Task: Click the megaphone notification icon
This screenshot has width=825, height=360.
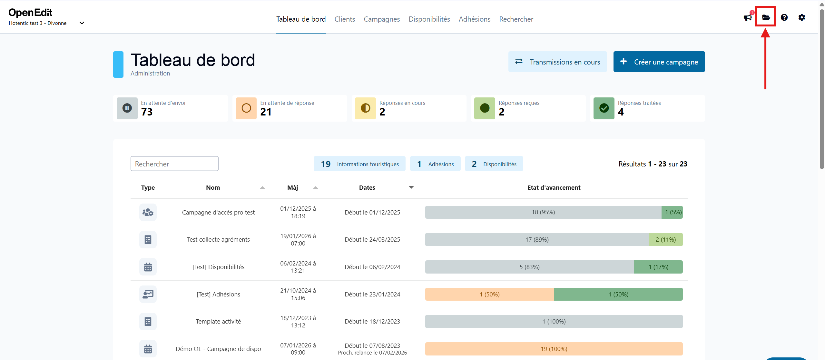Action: pos(747,17)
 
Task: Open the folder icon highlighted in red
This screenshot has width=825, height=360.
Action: pos(766,17)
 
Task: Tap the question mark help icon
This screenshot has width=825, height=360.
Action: pos(784,17)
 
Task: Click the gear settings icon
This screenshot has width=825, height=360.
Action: pos(802,17)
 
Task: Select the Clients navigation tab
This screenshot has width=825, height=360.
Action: pos(345,19)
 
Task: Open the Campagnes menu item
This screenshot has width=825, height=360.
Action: pos(382,19)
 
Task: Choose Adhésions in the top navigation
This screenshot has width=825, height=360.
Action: pos(475,19)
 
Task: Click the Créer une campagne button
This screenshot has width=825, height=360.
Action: pos(659,62)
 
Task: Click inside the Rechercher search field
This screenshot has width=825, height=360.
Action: pos(174,164)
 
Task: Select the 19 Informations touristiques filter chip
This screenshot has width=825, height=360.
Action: pos(359,164)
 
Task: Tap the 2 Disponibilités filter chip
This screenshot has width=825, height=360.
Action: pos(494,164)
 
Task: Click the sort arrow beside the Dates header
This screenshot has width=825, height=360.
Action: pos(411,187)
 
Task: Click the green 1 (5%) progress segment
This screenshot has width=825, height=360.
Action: pos(673,212)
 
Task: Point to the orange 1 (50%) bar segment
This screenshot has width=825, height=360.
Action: pos(489,294)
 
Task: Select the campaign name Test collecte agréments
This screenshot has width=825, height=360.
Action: pos(218,240)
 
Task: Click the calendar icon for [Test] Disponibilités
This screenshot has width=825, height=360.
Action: pos(148,267)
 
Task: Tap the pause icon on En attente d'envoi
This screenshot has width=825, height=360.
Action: pos(127,108)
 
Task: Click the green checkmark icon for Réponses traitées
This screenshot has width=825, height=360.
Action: pos(604,108)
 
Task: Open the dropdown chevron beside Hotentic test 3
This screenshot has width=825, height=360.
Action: pos(82,23)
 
